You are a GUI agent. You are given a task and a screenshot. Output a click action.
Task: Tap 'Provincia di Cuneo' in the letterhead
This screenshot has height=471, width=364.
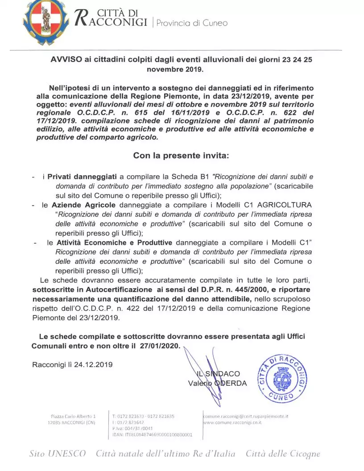click(192, 23)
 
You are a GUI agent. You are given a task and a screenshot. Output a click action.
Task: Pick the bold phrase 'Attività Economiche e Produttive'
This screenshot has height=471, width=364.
click(115, 243)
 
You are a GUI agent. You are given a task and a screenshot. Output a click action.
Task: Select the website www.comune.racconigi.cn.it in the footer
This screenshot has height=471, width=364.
click(232, 422)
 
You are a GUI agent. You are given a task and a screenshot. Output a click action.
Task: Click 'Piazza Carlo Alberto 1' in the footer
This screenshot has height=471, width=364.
click(74, 416)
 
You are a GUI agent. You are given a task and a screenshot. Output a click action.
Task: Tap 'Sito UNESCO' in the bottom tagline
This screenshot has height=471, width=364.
click(58, 454)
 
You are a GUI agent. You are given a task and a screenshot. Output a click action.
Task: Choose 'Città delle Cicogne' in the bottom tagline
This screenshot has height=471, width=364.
click(283, 454)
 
